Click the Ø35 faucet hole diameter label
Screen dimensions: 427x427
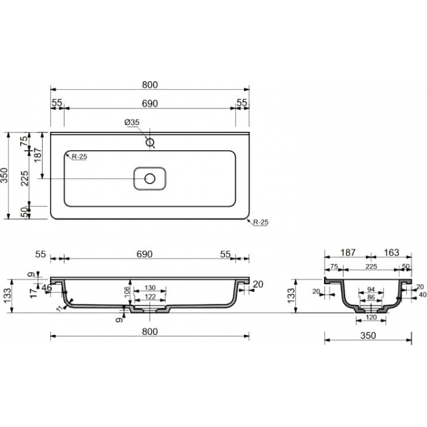[132, 123]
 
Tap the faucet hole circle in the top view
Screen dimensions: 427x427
[150, 142]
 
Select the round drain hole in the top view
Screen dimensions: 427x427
[150, 179]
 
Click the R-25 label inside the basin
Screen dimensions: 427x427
[79, 157]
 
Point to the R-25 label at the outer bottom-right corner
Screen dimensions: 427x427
[260, 222]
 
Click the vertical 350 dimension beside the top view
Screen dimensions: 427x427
[5, 176]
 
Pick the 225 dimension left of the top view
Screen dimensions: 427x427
[25, 178]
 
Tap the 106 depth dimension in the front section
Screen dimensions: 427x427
[127, 292]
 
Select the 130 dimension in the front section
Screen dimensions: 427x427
[150, 287]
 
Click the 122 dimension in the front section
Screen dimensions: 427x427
[150, 296]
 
